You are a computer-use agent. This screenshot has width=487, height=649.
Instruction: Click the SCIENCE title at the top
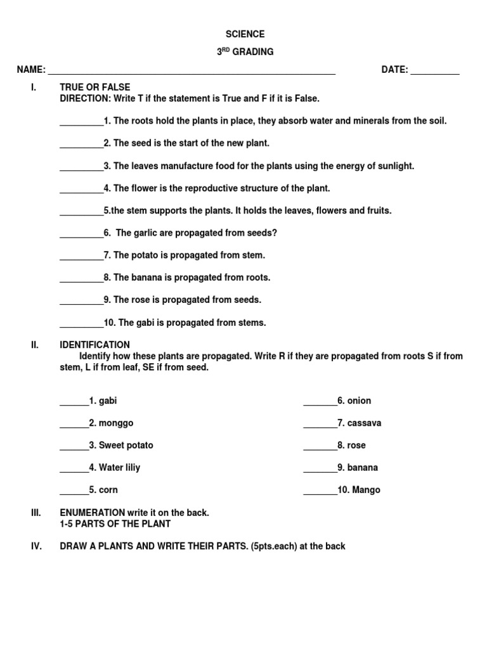pyautogui.click(x=245, y=34)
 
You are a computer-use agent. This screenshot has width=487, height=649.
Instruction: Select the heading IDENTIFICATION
pyautogui.click(x=94, y=345)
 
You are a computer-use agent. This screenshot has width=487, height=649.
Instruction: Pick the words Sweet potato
pyautogui.click(x=126, y=445)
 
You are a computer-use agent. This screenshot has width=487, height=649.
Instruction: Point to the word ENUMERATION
pyautogui.click(x=93, y=512)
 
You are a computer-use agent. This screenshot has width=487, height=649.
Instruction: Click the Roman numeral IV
pyautogui.click(x=36, y=546)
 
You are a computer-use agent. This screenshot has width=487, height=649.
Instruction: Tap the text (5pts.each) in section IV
pyautogui.click(x=278, y=546)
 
